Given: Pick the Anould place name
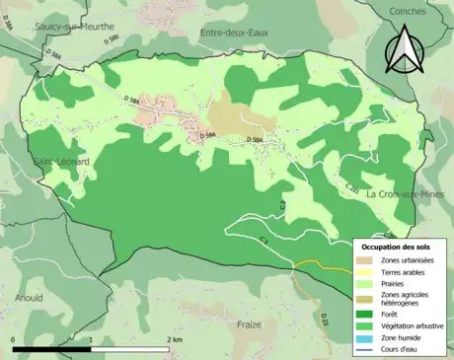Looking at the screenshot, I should tap(29, 296).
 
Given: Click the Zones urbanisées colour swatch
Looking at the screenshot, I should tap(365, 259).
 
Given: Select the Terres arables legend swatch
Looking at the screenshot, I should tap(365, 272).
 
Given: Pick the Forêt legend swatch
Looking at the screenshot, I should tap(365, 313).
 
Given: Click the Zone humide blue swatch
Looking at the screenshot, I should tap(365, 338).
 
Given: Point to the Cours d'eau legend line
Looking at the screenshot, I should tap(365, 350).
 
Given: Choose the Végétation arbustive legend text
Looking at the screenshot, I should tap(413, 325).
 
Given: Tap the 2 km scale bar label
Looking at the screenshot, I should tap(176, 340).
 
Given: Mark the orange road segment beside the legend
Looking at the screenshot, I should tap(311, 262).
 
